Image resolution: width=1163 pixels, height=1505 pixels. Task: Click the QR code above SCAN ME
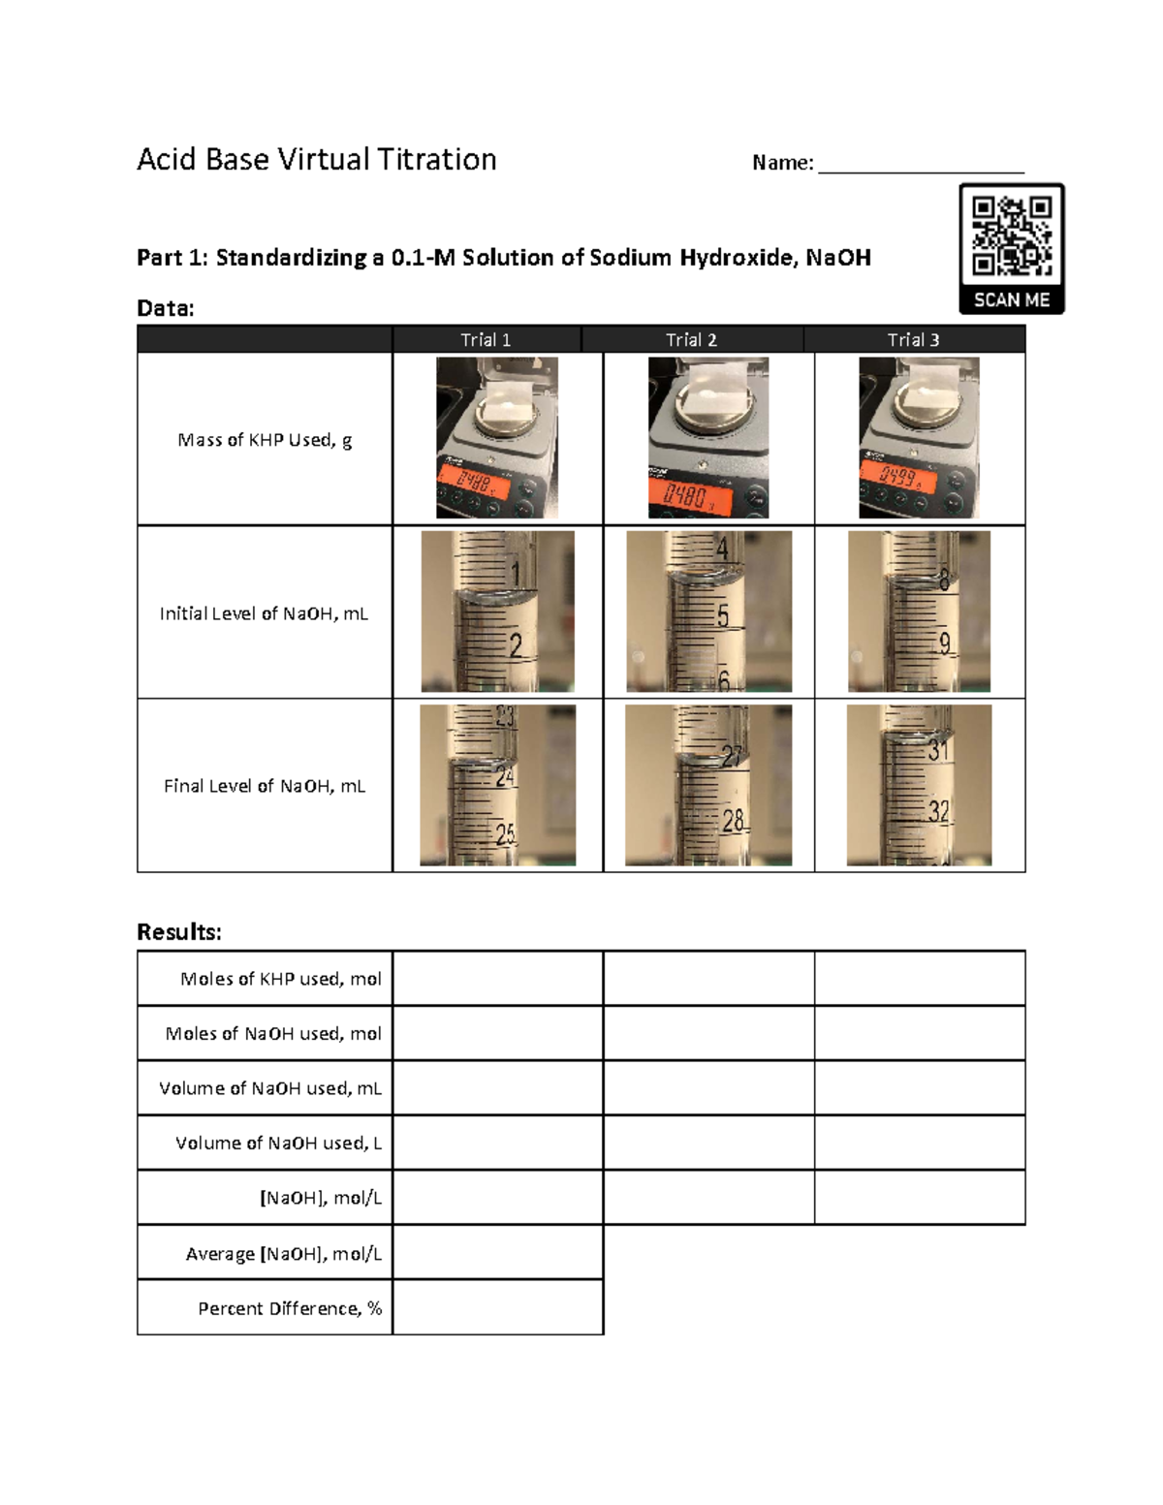click(x=1012, y=235)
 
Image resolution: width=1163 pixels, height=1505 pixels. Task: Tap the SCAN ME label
click(x=1012, y=300)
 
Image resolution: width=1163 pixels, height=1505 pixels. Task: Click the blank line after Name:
click(x=921, y=165)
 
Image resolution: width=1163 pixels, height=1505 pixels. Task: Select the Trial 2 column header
click(x=691, y=339)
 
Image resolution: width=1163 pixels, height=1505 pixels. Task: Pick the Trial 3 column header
click(x=913, y=339)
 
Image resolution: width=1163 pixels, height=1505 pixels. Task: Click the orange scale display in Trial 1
click(x=473, y=481)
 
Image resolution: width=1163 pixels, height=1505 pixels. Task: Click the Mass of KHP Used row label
click(x=265, y=440)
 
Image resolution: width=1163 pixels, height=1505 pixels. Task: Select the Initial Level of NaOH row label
click(x=264, y=613)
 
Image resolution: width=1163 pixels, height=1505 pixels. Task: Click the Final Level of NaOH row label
click(x=265, y=786)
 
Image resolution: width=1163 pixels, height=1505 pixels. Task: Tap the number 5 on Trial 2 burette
click(x=723, y=615)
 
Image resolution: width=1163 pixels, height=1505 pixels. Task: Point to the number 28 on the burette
click(x=733, y=822)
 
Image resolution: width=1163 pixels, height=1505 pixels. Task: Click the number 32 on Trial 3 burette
click(x=938, y=810)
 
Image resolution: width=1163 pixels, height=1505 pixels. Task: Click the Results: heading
click(x=179, y=932)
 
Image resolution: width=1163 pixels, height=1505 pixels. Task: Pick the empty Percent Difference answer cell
click(x=497, y=1307)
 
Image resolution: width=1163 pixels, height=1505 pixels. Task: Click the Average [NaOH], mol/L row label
click(x=283, y=1254)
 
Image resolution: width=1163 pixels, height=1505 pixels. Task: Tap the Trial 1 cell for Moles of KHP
click(x=497, y=979)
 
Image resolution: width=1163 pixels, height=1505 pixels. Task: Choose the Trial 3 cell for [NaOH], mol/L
click(x=919, y=1198)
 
